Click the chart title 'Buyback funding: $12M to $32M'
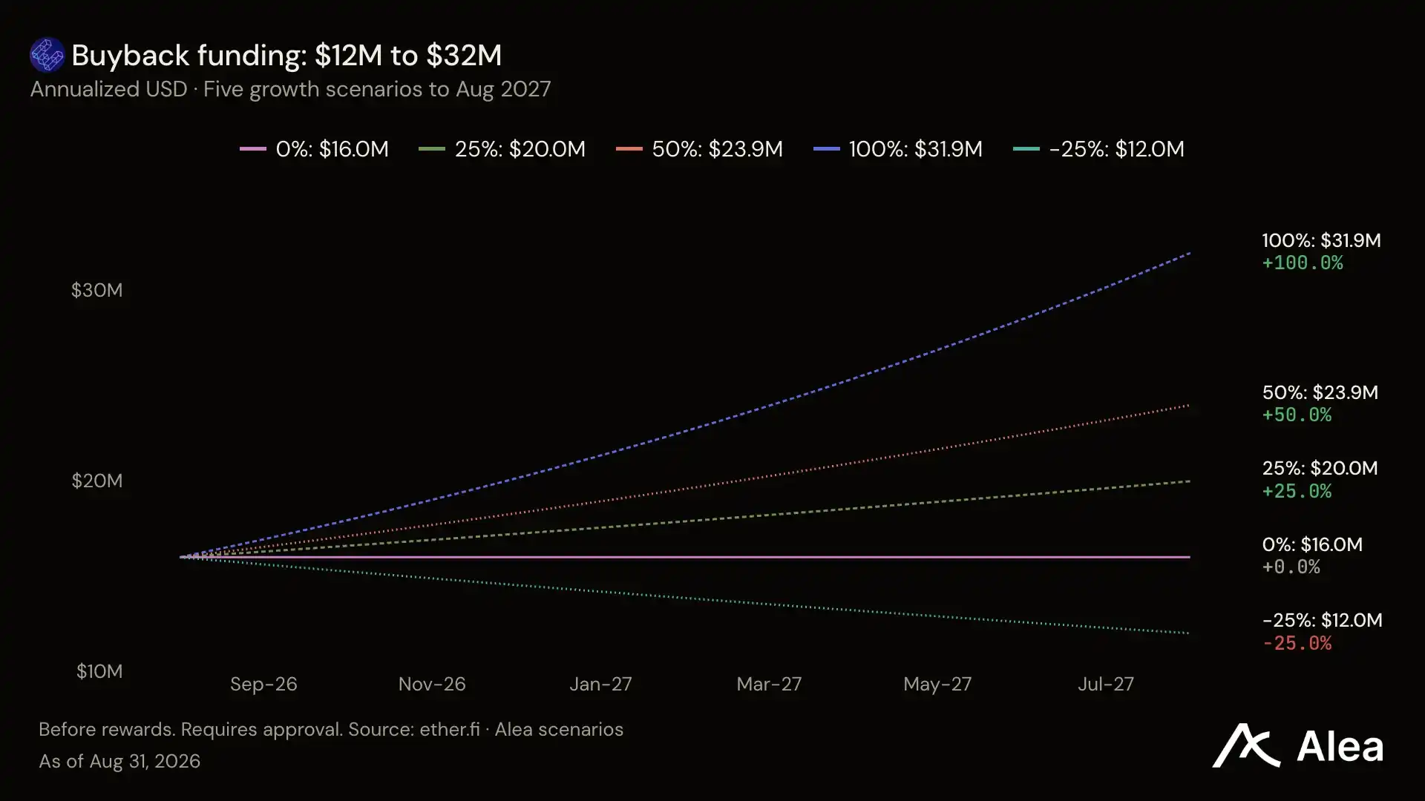(x=286, y=56)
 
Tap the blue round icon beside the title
(x=47, y=55)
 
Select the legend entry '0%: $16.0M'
(x=314, y=149)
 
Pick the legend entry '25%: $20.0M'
(x=502, y=149)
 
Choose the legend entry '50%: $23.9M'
(x=699, y=149)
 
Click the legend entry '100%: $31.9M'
(x=898, y=149)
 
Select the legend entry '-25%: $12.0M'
(x=1098, y=149)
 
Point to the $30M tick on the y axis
(x=96, y=290)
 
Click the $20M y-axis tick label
(x=96, y=481)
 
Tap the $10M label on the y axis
(x=99, y=671)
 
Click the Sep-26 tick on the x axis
(x=263, y=684)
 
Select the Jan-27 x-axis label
(x=600, y=684)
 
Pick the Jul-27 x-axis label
(x=1106, y=684)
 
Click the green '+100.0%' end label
(x=1303, y=263)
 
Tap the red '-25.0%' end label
(x=1297, y=643)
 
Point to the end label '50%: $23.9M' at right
(x=1320, y=392)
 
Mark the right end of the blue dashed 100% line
(x=1190, y=253)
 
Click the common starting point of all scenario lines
(x=182, y=557)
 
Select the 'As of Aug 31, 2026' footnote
(x=119, y=762)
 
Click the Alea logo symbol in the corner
(x=1246, y=745)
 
